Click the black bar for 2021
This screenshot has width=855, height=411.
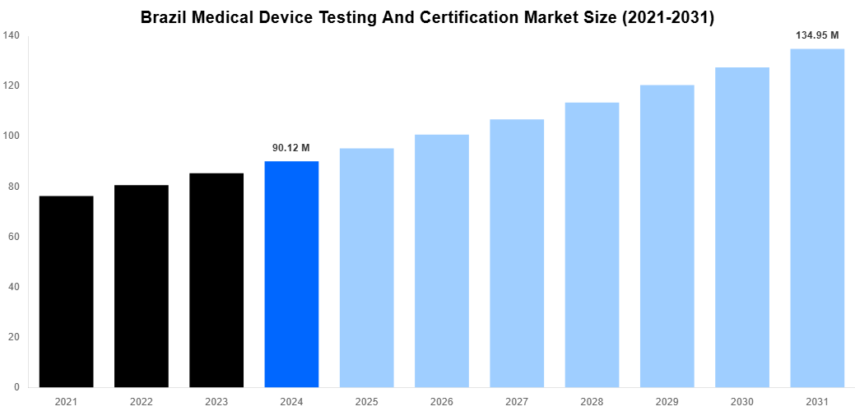click(66, 292)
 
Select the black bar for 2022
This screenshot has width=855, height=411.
click(141, 286)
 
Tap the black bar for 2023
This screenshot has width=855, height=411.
click(216, 280)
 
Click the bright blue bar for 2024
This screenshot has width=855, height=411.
click(291, 274)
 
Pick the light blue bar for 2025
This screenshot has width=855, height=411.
click(366, 268)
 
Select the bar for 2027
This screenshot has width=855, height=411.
click(517, 253)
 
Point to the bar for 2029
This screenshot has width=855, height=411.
click(667, 236)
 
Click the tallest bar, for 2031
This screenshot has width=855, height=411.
click(817, 218)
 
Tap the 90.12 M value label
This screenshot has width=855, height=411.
click(291, 148)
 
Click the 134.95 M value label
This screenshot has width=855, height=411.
click(817, 35)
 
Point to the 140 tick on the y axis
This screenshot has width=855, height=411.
click(12, 35)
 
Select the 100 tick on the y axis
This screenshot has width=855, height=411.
click(12, 136)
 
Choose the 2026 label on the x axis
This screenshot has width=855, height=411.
click(441, 402)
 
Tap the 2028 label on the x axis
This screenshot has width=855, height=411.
click(592, 402)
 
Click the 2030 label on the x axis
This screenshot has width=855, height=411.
click(742, 402)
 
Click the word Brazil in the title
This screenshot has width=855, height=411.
click(164, 17)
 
